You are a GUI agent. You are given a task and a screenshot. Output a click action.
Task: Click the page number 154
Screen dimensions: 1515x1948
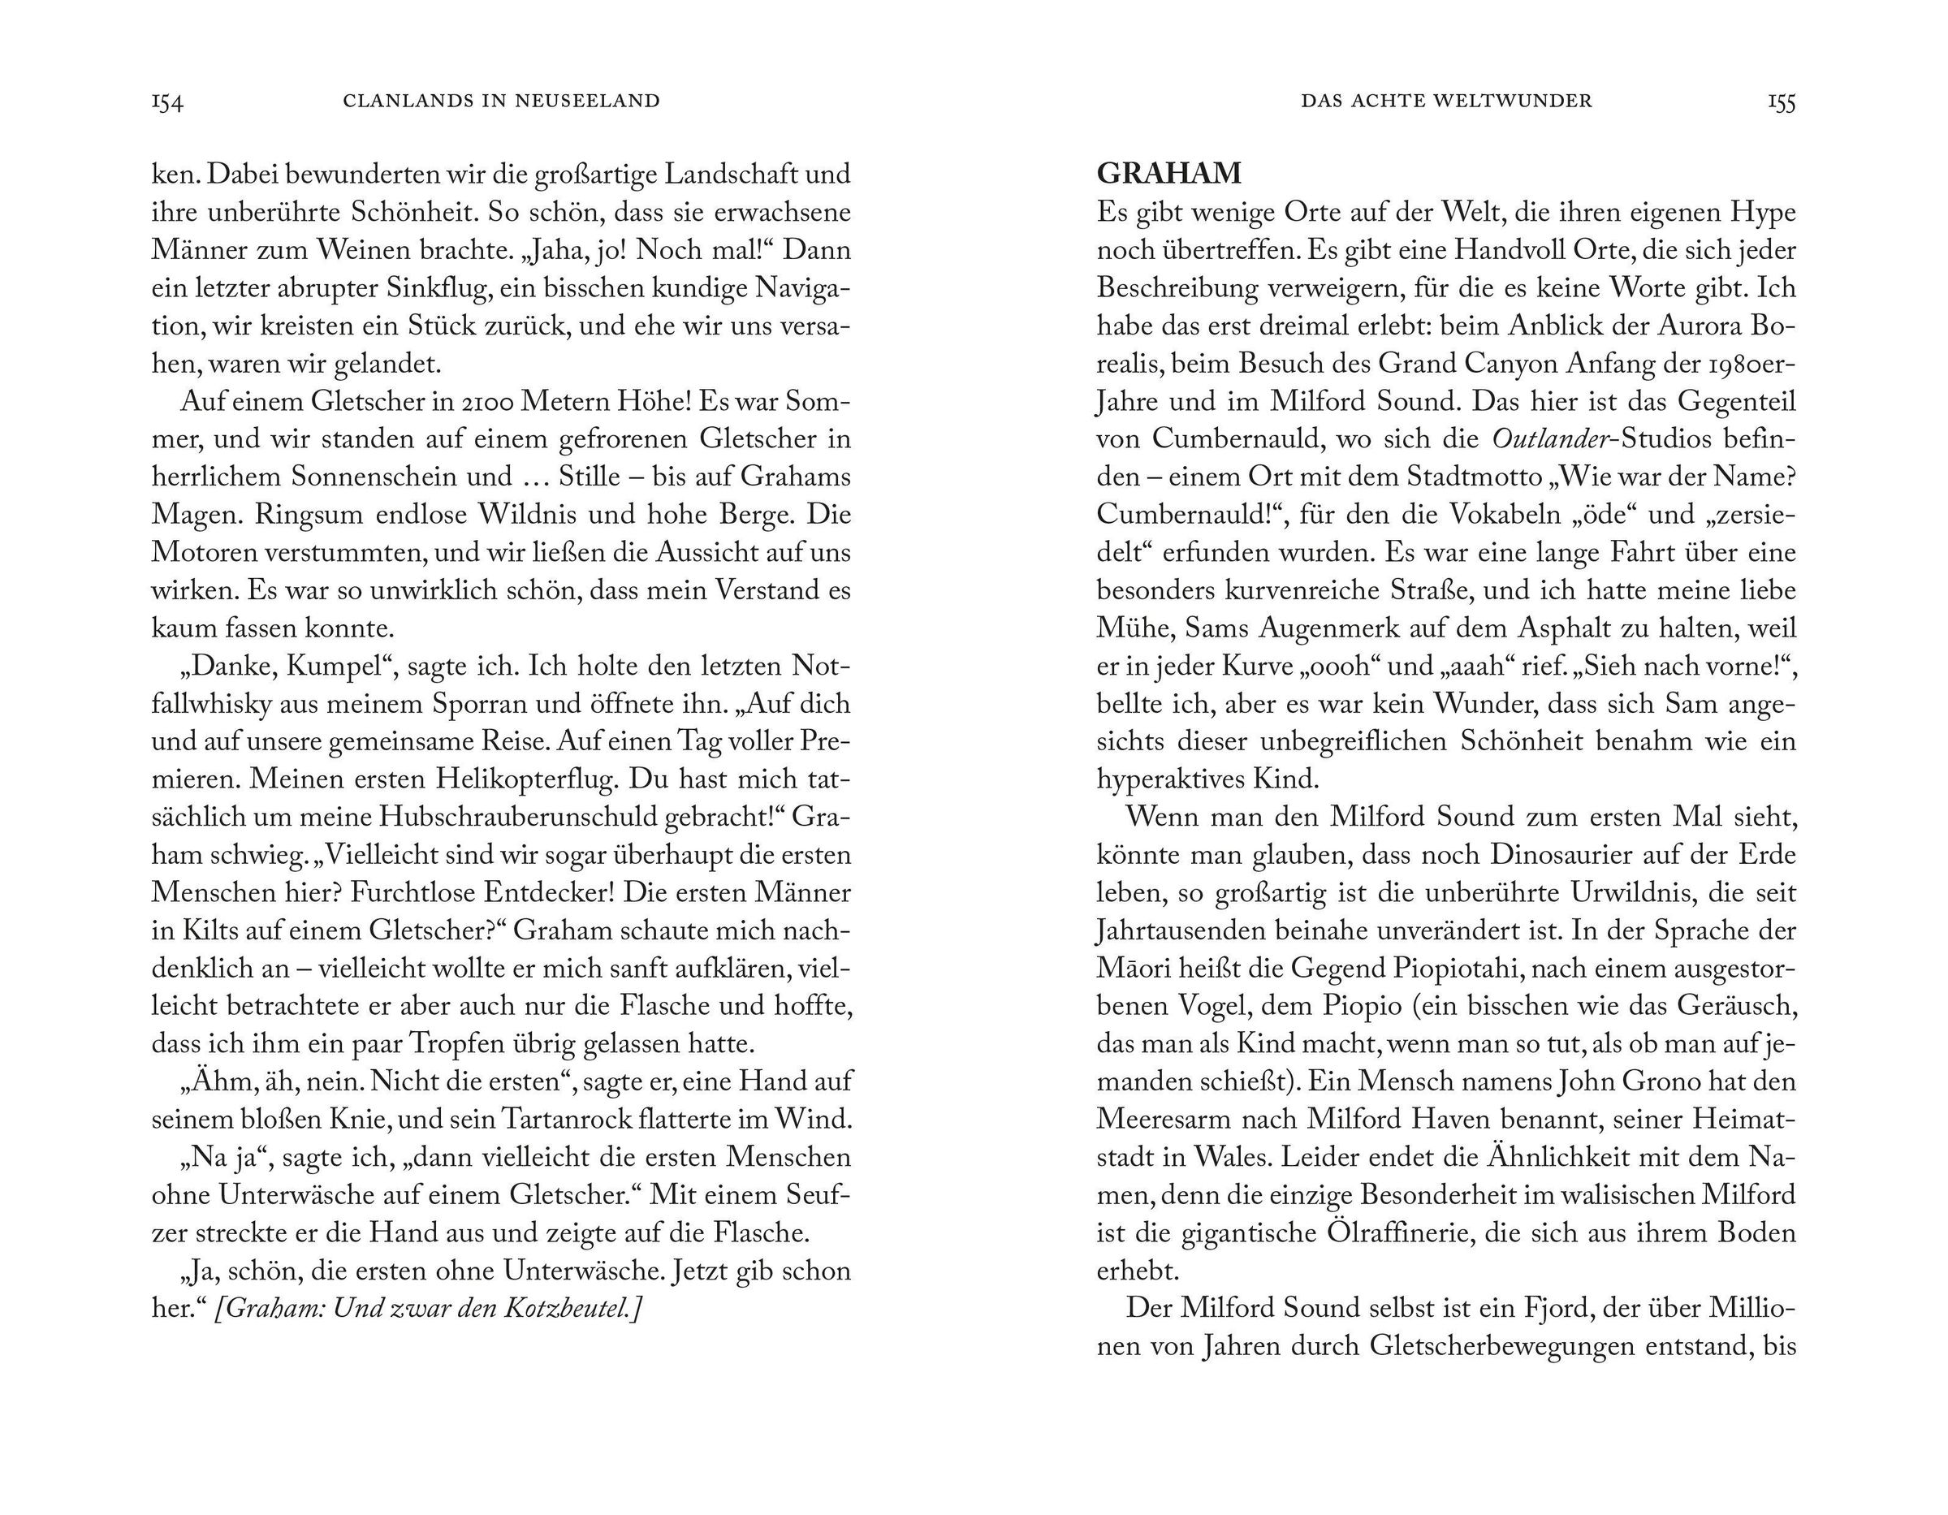[168, 102]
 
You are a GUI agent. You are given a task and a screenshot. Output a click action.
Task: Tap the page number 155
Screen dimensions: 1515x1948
[1782, 102]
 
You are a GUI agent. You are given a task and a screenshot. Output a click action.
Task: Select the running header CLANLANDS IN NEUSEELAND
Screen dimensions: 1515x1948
[501, 101]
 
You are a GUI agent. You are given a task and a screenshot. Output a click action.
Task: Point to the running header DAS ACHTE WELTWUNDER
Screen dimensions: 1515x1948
[1446, 101]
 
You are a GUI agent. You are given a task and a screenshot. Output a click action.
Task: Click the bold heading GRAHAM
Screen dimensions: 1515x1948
[1168, 173]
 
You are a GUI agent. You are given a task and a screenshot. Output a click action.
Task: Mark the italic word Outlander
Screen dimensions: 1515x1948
[1548, 438]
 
